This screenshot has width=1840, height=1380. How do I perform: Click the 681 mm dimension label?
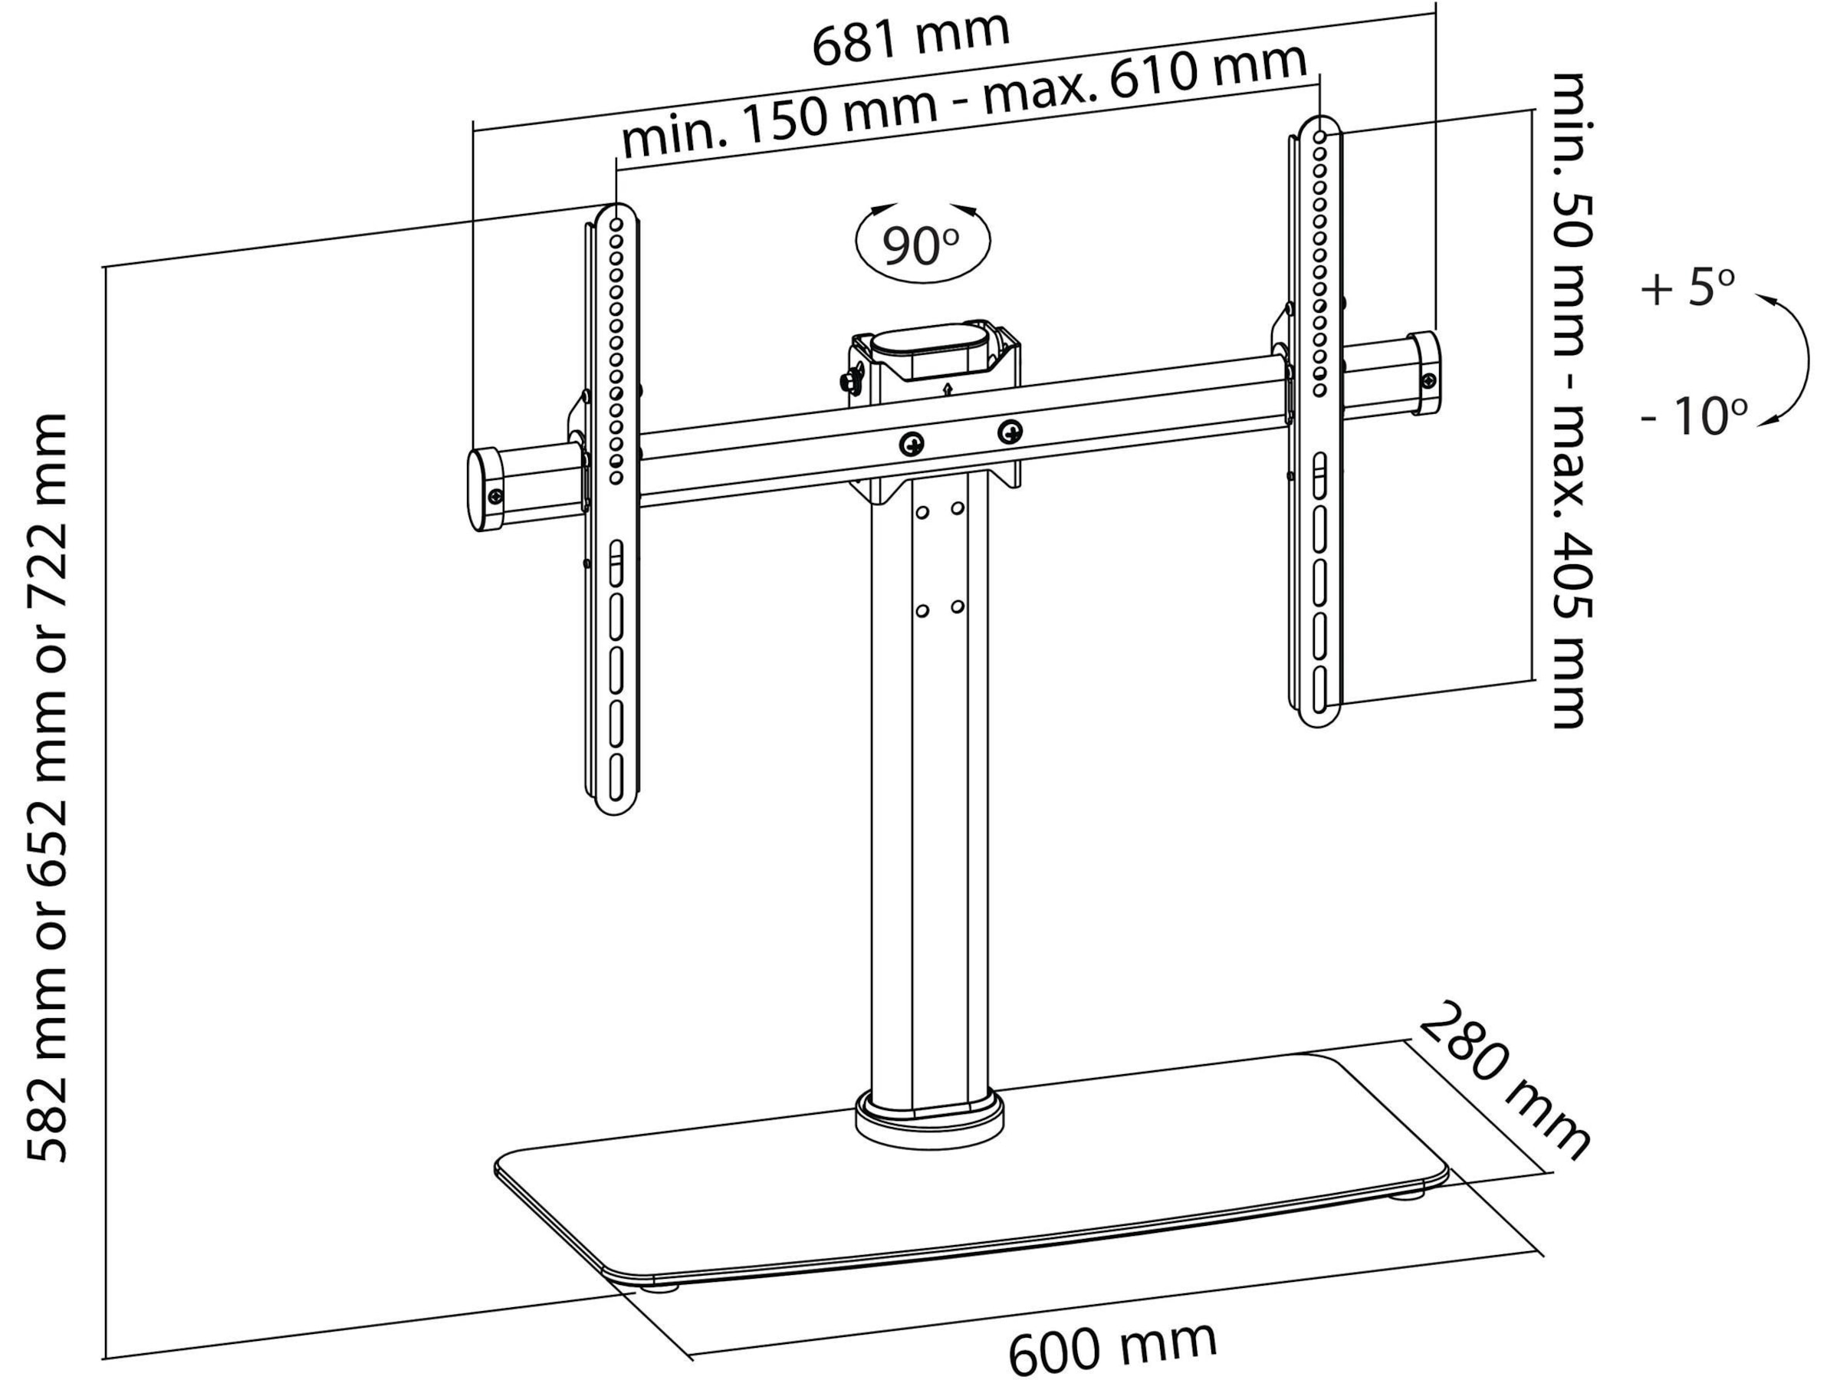[x=911, y=37]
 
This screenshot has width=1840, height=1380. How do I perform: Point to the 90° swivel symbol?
[x=922, y=242]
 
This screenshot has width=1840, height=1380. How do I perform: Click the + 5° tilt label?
[x=1687, y=287]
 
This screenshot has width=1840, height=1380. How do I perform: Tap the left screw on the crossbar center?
[x=913, y=443]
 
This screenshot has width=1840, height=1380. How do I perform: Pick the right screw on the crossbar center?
[x=1010, y=431]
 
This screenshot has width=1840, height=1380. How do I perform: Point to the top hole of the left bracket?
[x=616, y=225]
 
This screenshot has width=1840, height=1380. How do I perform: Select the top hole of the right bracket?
[x=1320, y=136]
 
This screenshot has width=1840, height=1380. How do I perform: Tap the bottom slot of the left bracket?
[x=616, y=775]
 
